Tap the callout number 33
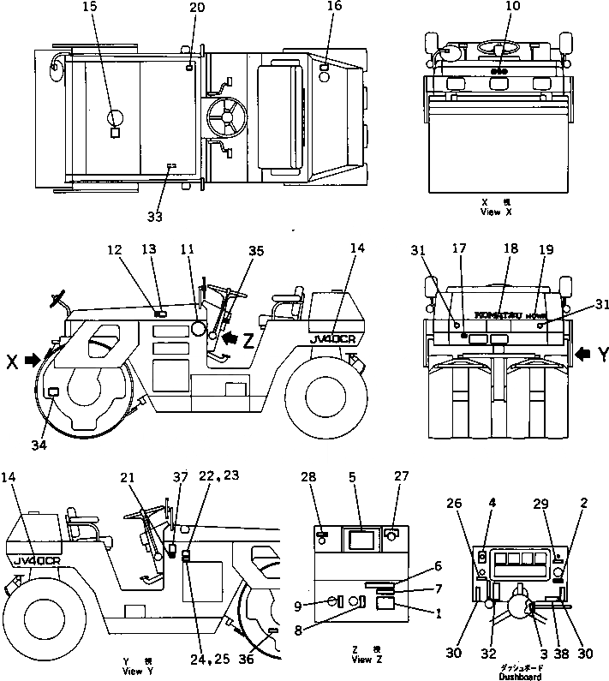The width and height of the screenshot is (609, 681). [x=155, y=217]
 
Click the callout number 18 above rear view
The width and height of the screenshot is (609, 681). [x=511, y=248]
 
